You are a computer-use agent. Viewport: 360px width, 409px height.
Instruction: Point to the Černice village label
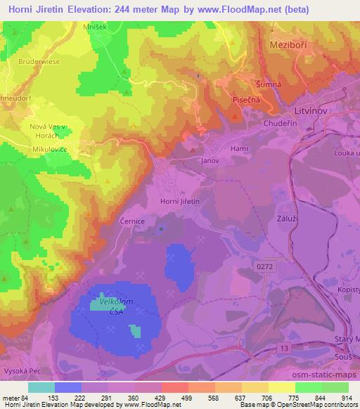pyautogui.click(x=131, y=220)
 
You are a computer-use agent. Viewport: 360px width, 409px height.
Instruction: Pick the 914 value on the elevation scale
pyautogui.click(x=347, y=398)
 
